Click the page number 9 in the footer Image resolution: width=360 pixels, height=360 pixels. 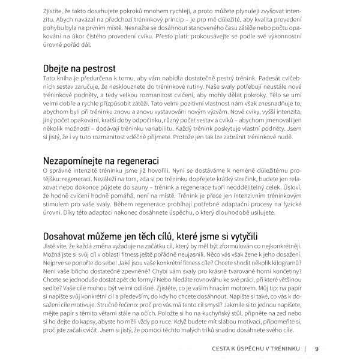click(x=316, y=347)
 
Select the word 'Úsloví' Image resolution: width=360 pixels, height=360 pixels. click(x=305, y=188)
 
